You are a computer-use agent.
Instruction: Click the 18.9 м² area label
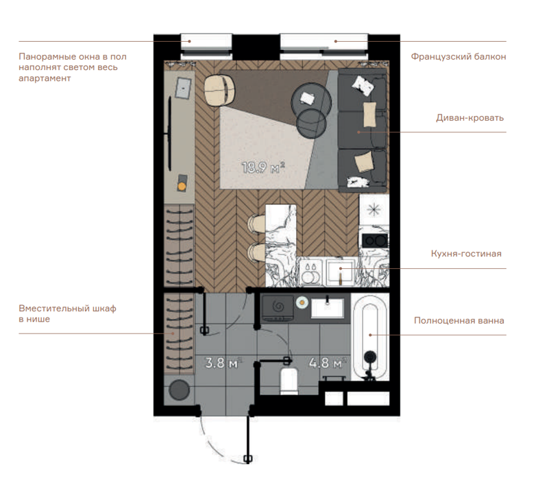263,167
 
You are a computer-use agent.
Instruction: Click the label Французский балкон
459,57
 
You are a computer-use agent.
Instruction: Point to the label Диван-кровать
470,118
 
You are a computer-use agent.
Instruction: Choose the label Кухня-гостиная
466,254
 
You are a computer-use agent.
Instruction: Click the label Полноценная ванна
459,321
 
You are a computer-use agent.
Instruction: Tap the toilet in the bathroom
289,380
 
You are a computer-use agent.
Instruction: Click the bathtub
369,337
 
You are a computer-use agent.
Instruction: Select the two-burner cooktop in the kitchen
375,241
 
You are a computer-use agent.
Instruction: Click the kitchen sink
341,272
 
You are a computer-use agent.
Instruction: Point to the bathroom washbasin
328,308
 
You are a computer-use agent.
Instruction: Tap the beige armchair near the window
219,91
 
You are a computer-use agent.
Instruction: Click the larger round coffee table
311,101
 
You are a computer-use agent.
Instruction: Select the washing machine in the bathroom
278,309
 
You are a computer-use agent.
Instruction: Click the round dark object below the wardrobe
180,389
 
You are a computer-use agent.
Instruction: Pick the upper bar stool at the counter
256,224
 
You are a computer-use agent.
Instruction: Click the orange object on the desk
182,187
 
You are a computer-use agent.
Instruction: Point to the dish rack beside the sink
311,272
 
